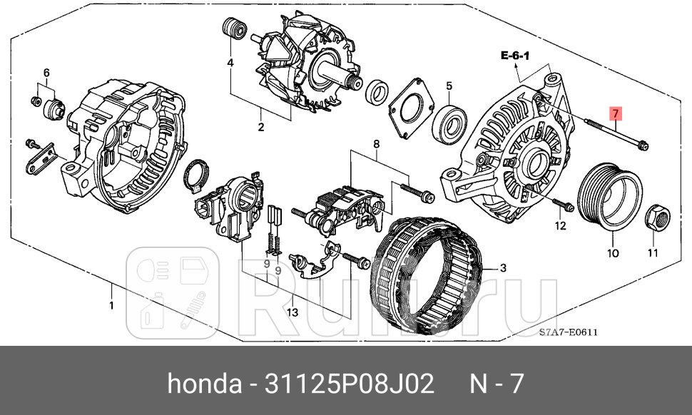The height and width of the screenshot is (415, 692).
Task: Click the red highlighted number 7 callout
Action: [615, 113]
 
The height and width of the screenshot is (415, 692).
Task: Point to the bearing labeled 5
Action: [451, 120]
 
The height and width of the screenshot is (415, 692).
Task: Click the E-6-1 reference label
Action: [515, 55]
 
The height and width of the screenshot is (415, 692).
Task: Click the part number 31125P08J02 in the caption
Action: [349, 384]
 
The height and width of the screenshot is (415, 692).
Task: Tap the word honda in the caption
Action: [204, 384]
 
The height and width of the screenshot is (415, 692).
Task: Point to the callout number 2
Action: [261, 128]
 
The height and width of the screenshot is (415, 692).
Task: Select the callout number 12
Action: [560, 226]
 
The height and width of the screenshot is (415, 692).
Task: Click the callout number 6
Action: [46, 73]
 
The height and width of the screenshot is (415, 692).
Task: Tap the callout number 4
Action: [230, 63]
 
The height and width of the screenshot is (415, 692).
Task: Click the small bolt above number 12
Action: [563, 206]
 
